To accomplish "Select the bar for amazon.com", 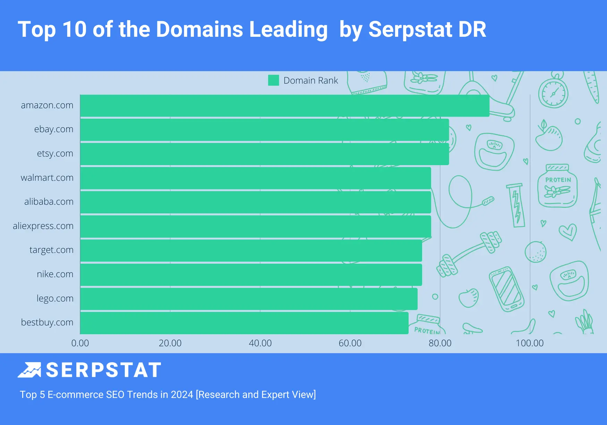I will [284, 106].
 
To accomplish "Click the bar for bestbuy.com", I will [244, 323].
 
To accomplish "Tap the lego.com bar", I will [249, 299].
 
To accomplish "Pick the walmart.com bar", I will [256, 178].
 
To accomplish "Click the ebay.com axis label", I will [54, 129].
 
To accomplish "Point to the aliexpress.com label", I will [43, 226].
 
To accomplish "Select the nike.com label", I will [55, 274].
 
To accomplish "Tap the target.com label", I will [51, 250].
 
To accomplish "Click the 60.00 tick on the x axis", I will [350, 343].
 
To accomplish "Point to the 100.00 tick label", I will [530, 343].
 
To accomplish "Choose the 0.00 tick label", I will [80, 343].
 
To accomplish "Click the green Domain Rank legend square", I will [274, 80].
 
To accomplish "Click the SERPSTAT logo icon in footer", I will [29, 370].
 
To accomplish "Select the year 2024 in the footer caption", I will [182, 395].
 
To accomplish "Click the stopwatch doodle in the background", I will [553, 92].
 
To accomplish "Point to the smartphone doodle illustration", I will [506, 289].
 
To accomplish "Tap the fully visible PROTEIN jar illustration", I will [557, 187].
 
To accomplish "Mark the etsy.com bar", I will [264, 154].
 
